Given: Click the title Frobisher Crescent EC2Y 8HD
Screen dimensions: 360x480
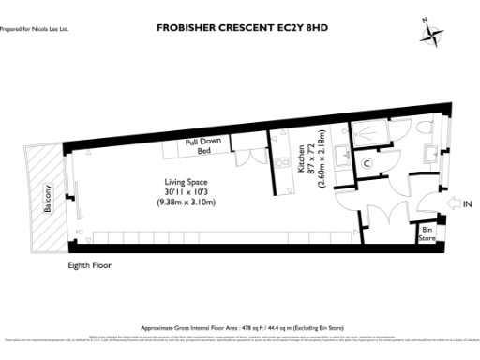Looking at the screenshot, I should pyautogui.click(x=247, y=29).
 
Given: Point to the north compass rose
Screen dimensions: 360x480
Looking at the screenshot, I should pyautogui.click(x=432, y=34).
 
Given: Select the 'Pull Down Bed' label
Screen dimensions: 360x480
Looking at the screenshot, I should pyautogui.click(x=204, y=147).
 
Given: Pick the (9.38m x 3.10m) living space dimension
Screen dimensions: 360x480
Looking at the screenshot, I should pyautogui.click(x=184, y=203).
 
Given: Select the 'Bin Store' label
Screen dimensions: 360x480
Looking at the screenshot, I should pyautogui.click(x=427, y=233).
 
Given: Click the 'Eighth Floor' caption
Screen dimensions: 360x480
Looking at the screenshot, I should pyautogui.click(x=90, y=266).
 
